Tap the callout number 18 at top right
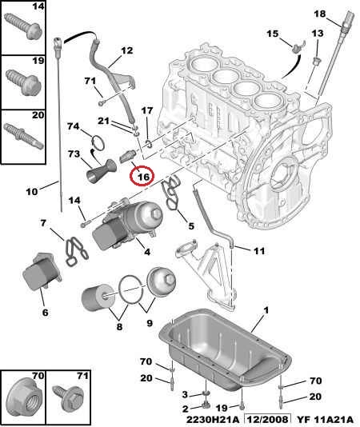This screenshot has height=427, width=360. coord(320,14)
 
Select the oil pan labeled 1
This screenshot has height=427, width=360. coord(225,349)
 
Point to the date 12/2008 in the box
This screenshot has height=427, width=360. coord(267,419)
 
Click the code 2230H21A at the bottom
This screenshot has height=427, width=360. coord(212,419)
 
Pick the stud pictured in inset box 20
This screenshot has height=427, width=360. coord(24,135)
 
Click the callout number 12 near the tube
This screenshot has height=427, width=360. coord(126,50)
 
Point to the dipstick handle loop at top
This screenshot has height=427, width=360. coord(57,42)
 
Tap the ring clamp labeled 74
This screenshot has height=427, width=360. coord(98,142)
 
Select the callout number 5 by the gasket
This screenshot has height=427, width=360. coord(191,225)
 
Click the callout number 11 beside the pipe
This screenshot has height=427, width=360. coord(259,251)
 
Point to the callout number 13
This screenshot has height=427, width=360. coord(318,34)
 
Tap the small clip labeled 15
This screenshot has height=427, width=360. coord(298,47)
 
